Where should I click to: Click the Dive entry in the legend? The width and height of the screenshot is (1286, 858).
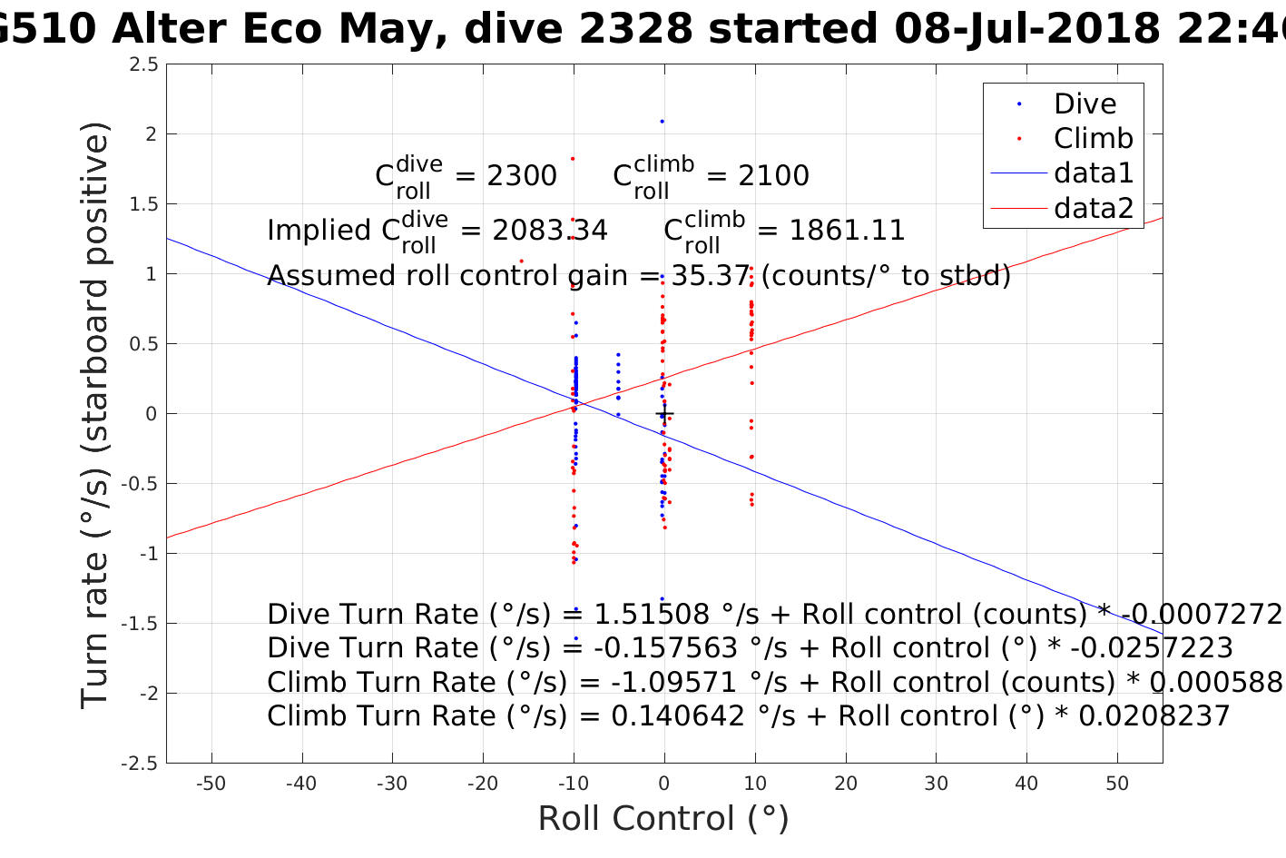tap(1085, 104)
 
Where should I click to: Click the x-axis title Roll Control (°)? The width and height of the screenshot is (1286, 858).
tap(663, 819)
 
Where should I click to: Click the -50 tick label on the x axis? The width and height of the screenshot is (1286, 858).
tap(211, 784)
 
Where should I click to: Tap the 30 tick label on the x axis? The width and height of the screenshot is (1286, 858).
tap(936, 784)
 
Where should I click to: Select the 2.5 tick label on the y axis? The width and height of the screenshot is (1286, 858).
tap(143, 64)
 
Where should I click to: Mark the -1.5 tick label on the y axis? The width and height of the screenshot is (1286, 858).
tap(140, 624)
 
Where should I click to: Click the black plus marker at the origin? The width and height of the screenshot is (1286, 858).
tap(664, 414)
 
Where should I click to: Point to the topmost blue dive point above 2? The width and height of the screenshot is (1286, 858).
tap(662, 121)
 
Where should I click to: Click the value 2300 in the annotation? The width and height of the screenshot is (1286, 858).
tap(522, 176)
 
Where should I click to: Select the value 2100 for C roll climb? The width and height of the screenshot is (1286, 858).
tap(773, 176)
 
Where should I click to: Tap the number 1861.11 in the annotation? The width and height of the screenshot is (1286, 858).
tap(847, 231)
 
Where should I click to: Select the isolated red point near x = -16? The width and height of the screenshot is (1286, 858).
tap(521, 261)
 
